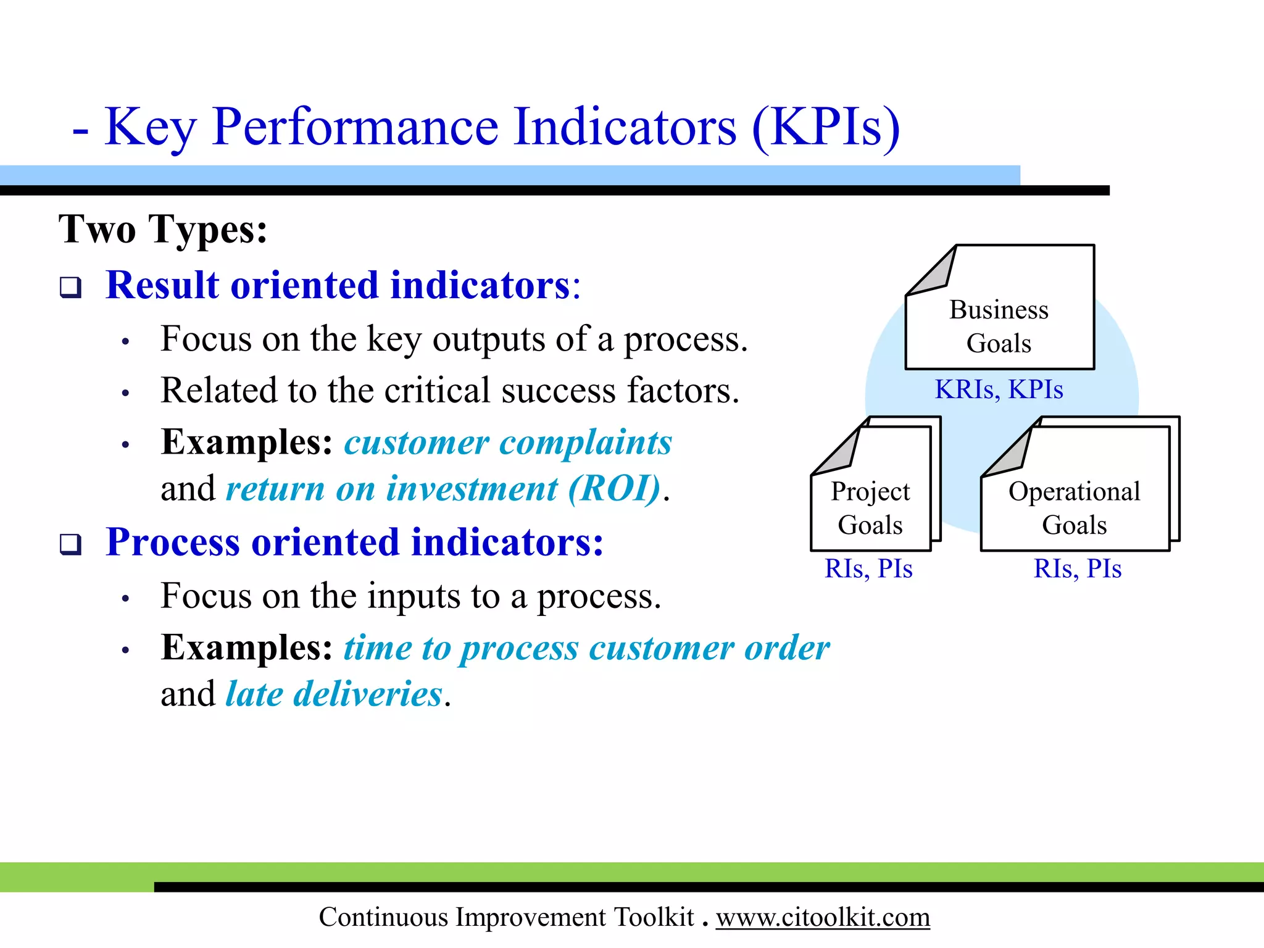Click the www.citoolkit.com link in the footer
pos(822,917)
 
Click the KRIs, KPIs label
pos(999,389)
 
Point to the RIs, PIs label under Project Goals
pos(868,568)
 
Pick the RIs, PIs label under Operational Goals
pos(1078,568)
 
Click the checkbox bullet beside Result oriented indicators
pos(70,288)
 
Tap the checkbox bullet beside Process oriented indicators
pos(70,544)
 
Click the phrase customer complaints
pos(507,443)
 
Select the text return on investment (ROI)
pos(443,489)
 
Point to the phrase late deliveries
pos(334,694)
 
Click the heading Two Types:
pos(163,229)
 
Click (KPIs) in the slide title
pos(826,127)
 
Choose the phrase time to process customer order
pos(586,648)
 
